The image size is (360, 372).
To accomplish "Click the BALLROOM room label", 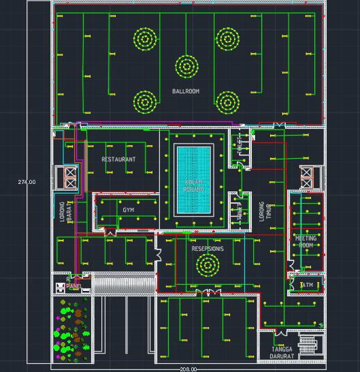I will click(x=186, y=91).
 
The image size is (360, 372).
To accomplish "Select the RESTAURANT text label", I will click(x=118, y=159).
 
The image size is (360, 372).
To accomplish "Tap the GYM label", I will click(x=129, y=211).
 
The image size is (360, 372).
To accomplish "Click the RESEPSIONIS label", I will click(x=207, y=249).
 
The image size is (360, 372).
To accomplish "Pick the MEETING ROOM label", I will click(x=306, y=242).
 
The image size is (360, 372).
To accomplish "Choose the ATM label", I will click(x=308, y=285).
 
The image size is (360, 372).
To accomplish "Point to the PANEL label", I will click(x=73, y=287).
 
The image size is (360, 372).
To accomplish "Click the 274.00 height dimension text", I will click(x=27, y=182).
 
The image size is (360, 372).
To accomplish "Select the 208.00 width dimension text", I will click(x=189, y=369).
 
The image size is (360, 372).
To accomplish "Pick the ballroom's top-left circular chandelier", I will click(x=145, y=38).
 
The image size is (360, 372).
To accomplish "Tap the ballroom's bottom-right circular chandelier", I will click(x=227, y=102).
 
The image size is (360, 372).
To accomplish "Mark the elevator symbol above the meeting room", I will click(x=306, y=176).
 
